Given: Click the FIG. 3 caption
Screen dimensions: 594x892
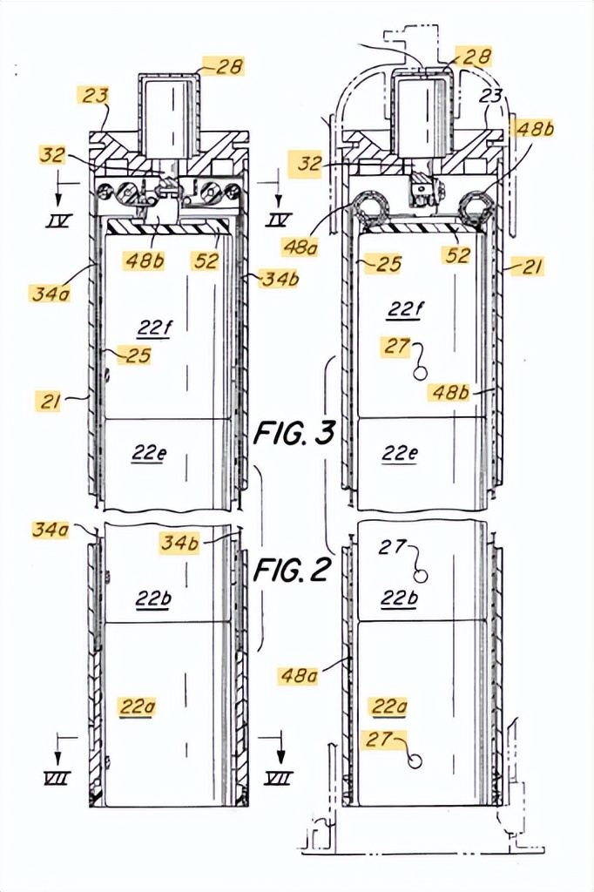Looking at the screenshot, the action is tap(294, 434).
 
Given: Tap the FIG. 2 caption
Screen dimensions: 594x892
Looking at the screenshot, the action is tap(291, 569).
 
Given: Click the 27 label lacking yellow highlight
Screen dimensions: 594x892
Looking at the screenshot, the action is tap(392, 547).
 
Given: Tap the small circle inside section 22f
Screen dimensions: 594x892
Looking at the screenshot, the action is tap(421, 372).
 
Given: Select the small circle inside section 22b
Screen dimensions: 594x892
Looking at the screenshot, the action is tap(421, 576).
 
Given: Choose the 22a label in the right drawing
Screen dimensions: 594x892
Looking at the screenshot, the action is tap(389, 706).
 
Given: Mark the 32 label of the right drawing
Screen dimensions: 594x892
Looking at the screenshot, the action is tap(310, 164).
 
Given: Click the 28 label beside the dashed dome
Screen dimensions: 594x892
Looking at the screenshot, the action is tap(476, 57).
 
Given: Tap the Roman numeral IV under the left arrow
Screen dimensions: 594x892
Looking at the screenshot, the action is tap(58, 220).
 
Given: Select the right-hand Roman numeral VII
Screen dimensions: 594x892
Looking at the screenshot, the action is tap(280, 777).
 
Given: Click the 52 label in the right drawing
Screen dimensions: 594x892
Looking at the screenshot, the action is tap(458, 255).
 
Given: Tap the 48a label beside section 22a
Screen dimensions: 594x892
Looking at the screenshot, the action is tap(298, 676).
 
